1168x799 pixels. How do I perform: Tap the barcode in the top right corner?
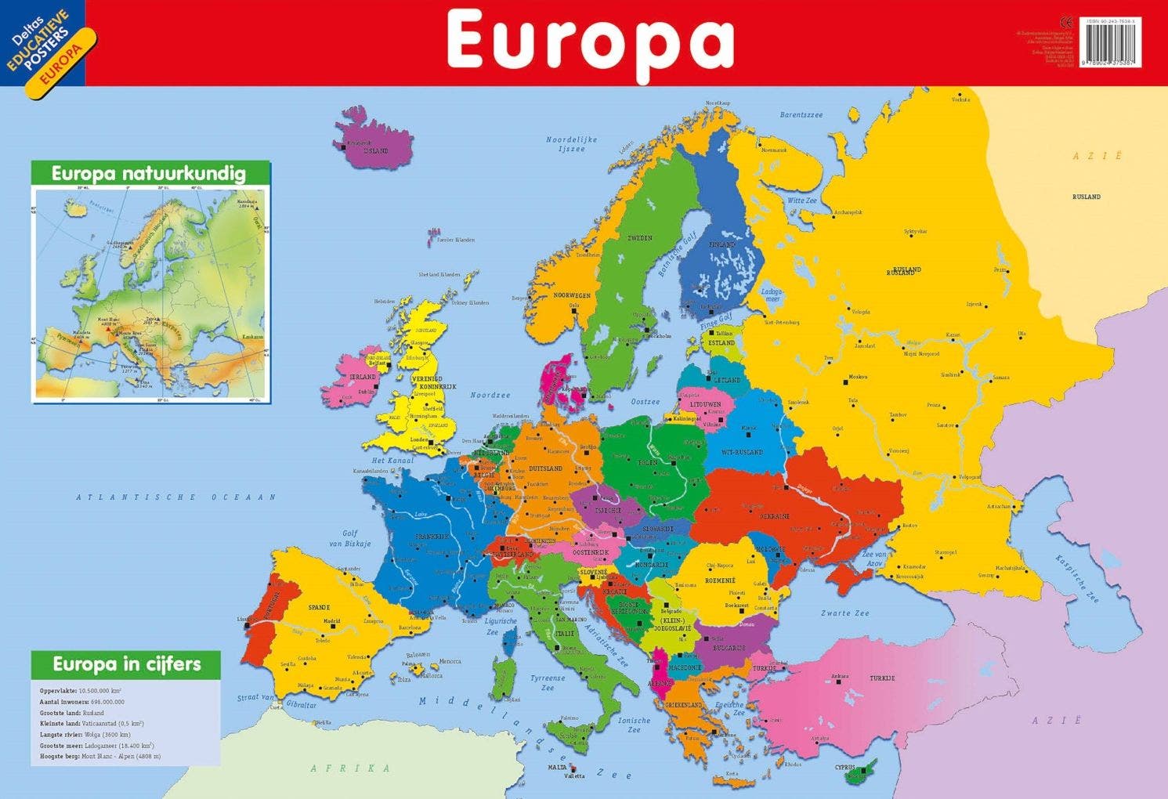[x=1110, y=42]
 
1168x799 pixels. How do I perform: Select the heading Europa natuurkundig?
[x=149, y=173]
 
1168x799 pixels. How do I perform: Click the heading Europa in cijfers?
[x=127, y=664]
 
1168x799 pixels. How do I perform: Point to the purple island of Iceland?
[x=374, y=139]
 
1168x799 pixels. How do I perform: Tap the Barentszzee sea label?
[x=801, y=115]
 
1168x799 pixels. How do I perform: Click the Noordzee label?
[x=490, y=396]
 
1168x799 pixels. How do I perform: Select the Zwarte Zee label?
[x=844, y=613]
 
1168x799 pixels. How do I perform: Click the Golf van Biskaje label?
[x=349, y=538]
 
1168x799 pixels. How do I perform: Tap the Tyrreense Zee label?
[x=548, y=683]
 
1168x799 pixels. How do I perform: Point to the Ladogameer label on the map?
[x=772, y=295]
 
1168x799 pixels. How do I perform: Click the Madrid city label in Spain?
[x=332, y=622]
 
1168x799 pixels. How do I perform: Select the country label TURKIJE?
[x=882, y=678]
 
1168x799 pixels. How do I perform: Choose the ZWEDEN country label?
[x=639, y=238]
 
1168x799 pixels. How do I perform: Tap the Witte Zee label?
[x=801, y=201]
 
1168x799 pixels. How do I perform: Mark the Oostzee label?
[x=645, y=402]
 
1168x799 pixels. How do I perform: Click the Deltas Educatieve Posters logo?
[x=49, y=49]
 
